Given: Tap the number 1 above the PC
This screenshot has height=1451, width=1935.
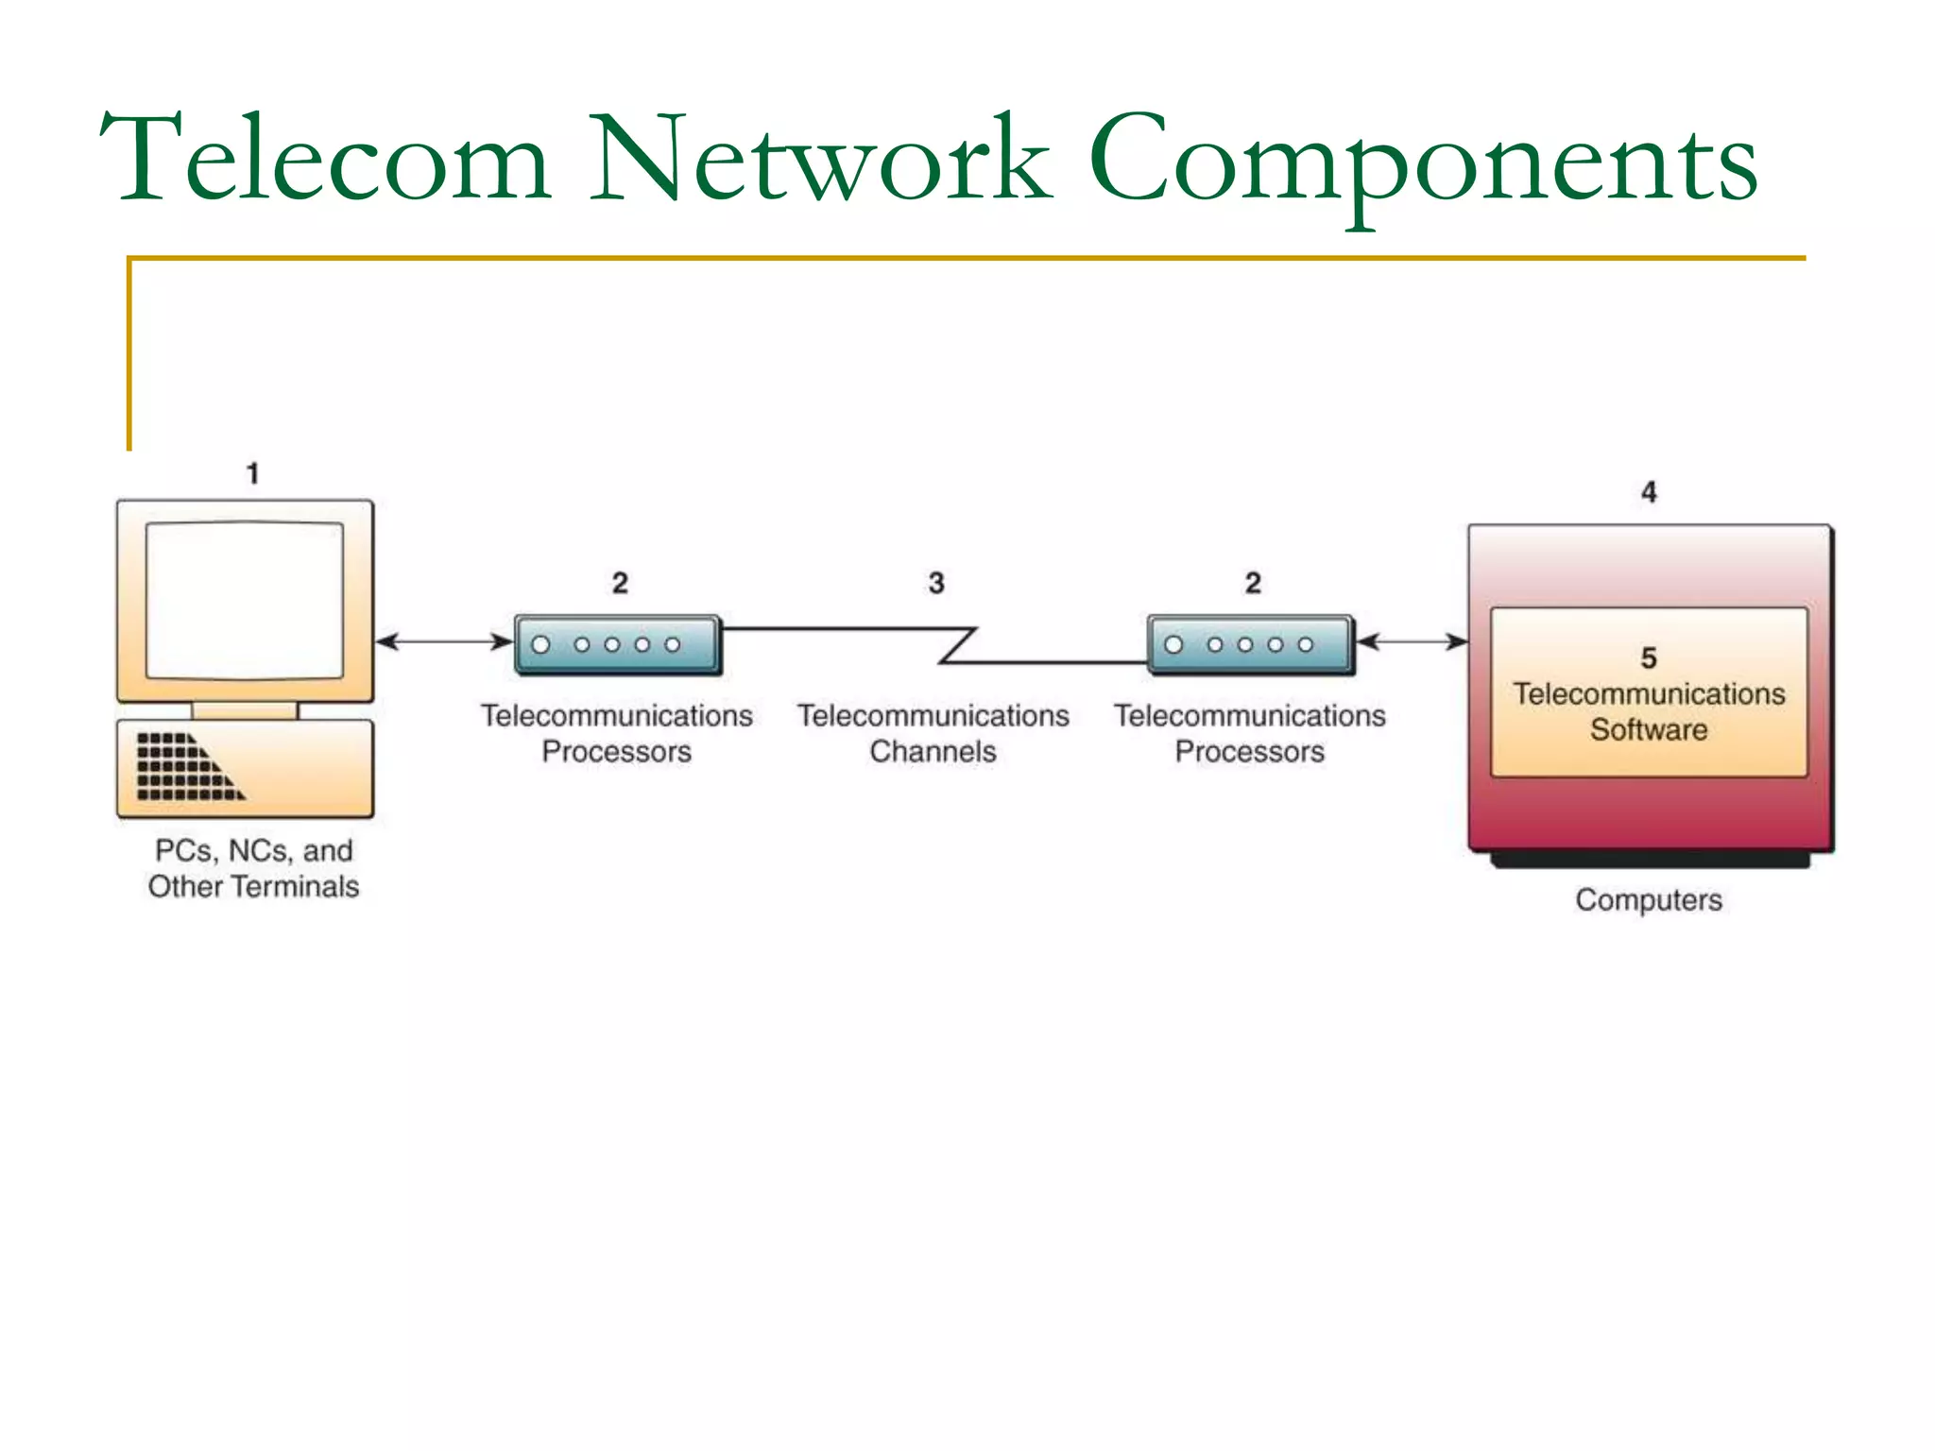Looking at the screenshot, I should pyautogui.click(x=252, y=473).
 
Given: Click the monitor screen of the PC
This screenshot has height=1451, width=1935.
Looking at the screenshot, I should pyautogui.click(x=245, y=600).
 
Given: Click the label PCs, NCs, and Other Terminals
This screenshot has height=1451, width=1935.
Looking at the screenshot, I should pyautogui.click(x=253, y=868).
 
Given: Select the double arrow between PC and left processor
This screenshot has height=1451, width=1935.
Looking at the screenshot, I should pyautogui.click(x=444, y=642).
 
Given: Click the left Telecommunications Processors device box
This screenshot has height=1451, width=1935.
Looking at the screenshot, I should pyautogui.click(x=618, y=645).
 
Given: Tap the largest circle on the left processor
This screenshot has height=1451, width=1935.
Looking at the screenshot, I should pyautogui.click(x=541, y=645).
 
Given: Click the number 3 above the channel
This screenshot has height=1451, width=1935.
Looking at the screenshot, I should pyautogui.click(x=935, y=583).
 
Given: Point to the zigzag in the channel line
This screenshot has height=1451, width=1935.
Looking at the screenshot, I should pyautogui.click(x=957, y=645).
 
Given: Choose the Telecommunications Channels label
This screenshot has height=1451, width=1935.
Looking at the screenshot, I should pyautogui.click(x=933, y=733).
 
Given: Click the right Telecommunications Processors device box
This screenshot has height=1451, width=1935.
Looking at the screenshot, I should pyautogui.click(x=1250, y=645).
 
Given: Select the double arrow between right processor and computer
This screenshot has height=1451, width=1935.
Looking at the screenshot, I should pyautogui.click(x=1412, y=642).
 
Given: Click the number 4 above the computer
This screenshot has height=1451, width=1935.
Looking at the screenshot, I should pyautogui.click(x=1649, y=492).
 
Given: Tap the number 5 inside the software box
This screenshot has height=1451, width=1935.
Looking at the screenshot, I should pyautogui.click(x=1649, y=657).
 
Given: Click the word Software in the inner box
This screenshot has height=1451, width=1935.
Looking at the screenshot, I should pyautogui.click(x=1649, y=730).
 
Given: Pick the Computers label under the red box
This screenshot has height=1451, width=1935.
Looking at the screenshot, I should pyautogui.click(x=1649, y=899).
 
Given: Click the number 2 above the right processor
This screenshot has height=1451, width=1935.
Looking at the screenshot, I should pyautogui.click(x=1253, y=583).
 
